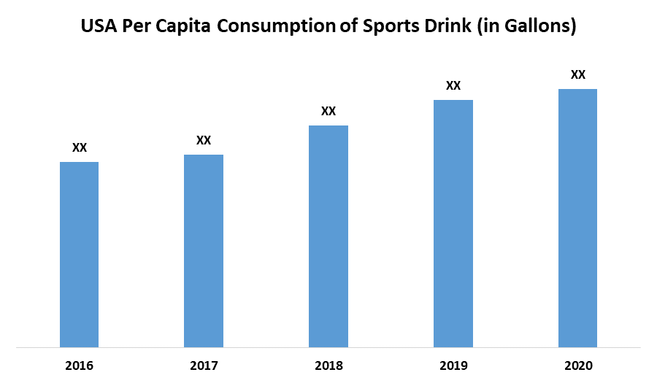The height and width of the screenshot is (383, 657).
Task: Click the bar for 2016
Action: point(79,254)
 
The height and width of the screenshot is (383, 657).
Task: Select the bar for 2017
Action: point(204,250)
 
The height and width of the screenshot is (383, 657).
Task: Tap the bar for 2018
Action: point(328,236)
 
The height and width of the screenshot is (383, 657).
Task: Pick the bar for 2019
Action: point(453,223)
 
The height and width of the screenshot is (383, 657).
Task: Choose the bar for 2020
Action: point(577,217)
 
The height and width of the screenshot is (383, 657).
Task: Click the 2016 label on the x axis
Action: point(79,365)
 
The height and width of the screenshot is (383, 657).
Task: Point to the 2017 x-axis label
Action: point(204,365)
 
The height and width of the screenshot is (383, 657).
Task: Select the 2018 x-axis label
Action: point(328,365)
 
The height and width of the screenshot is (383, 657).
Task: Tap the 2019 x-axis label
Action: point(453,365)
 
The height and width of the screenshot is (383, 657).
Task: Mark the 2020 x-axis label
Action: point(577,365)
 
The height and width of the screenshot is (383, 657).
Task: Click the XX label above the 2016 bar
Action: point(80,147)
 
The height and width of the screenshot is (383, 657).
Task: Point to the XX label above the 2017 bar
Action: point(204,140)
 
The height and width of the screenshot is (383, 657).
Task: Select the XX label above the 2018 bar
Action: point(328,111)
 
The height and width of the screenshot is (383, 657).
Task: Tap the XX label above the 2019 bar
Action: point(453,85)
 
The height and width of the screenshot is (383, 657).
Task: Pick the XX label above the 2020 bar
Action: point(578,74)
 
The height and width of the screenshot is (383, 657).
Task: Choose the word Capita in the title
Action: point(191,28)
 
